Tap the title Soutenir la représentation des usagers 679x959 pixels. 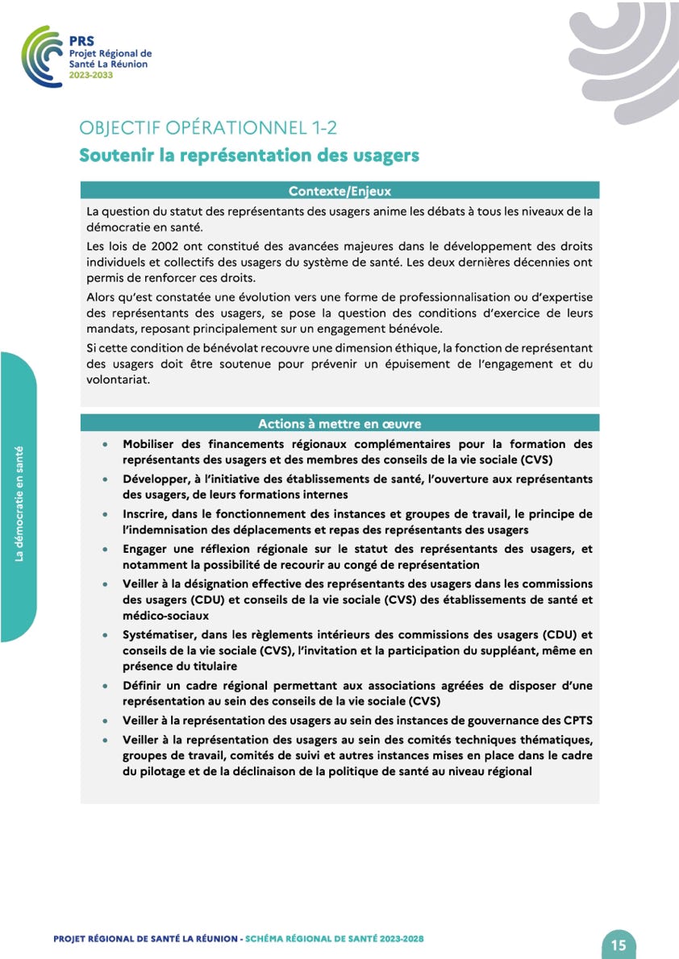(248, 156)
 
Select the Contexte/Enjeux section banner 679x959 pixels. (339, 191)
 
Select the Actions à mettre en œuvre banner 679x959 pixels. (339, 423)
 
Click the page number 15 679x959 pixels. (619, 944)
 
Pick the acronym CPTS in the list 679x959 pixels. (574, 720)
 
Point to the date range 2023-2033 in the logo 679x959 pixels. (91, 74)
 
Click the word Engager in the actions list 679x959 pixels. (147, 549)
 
